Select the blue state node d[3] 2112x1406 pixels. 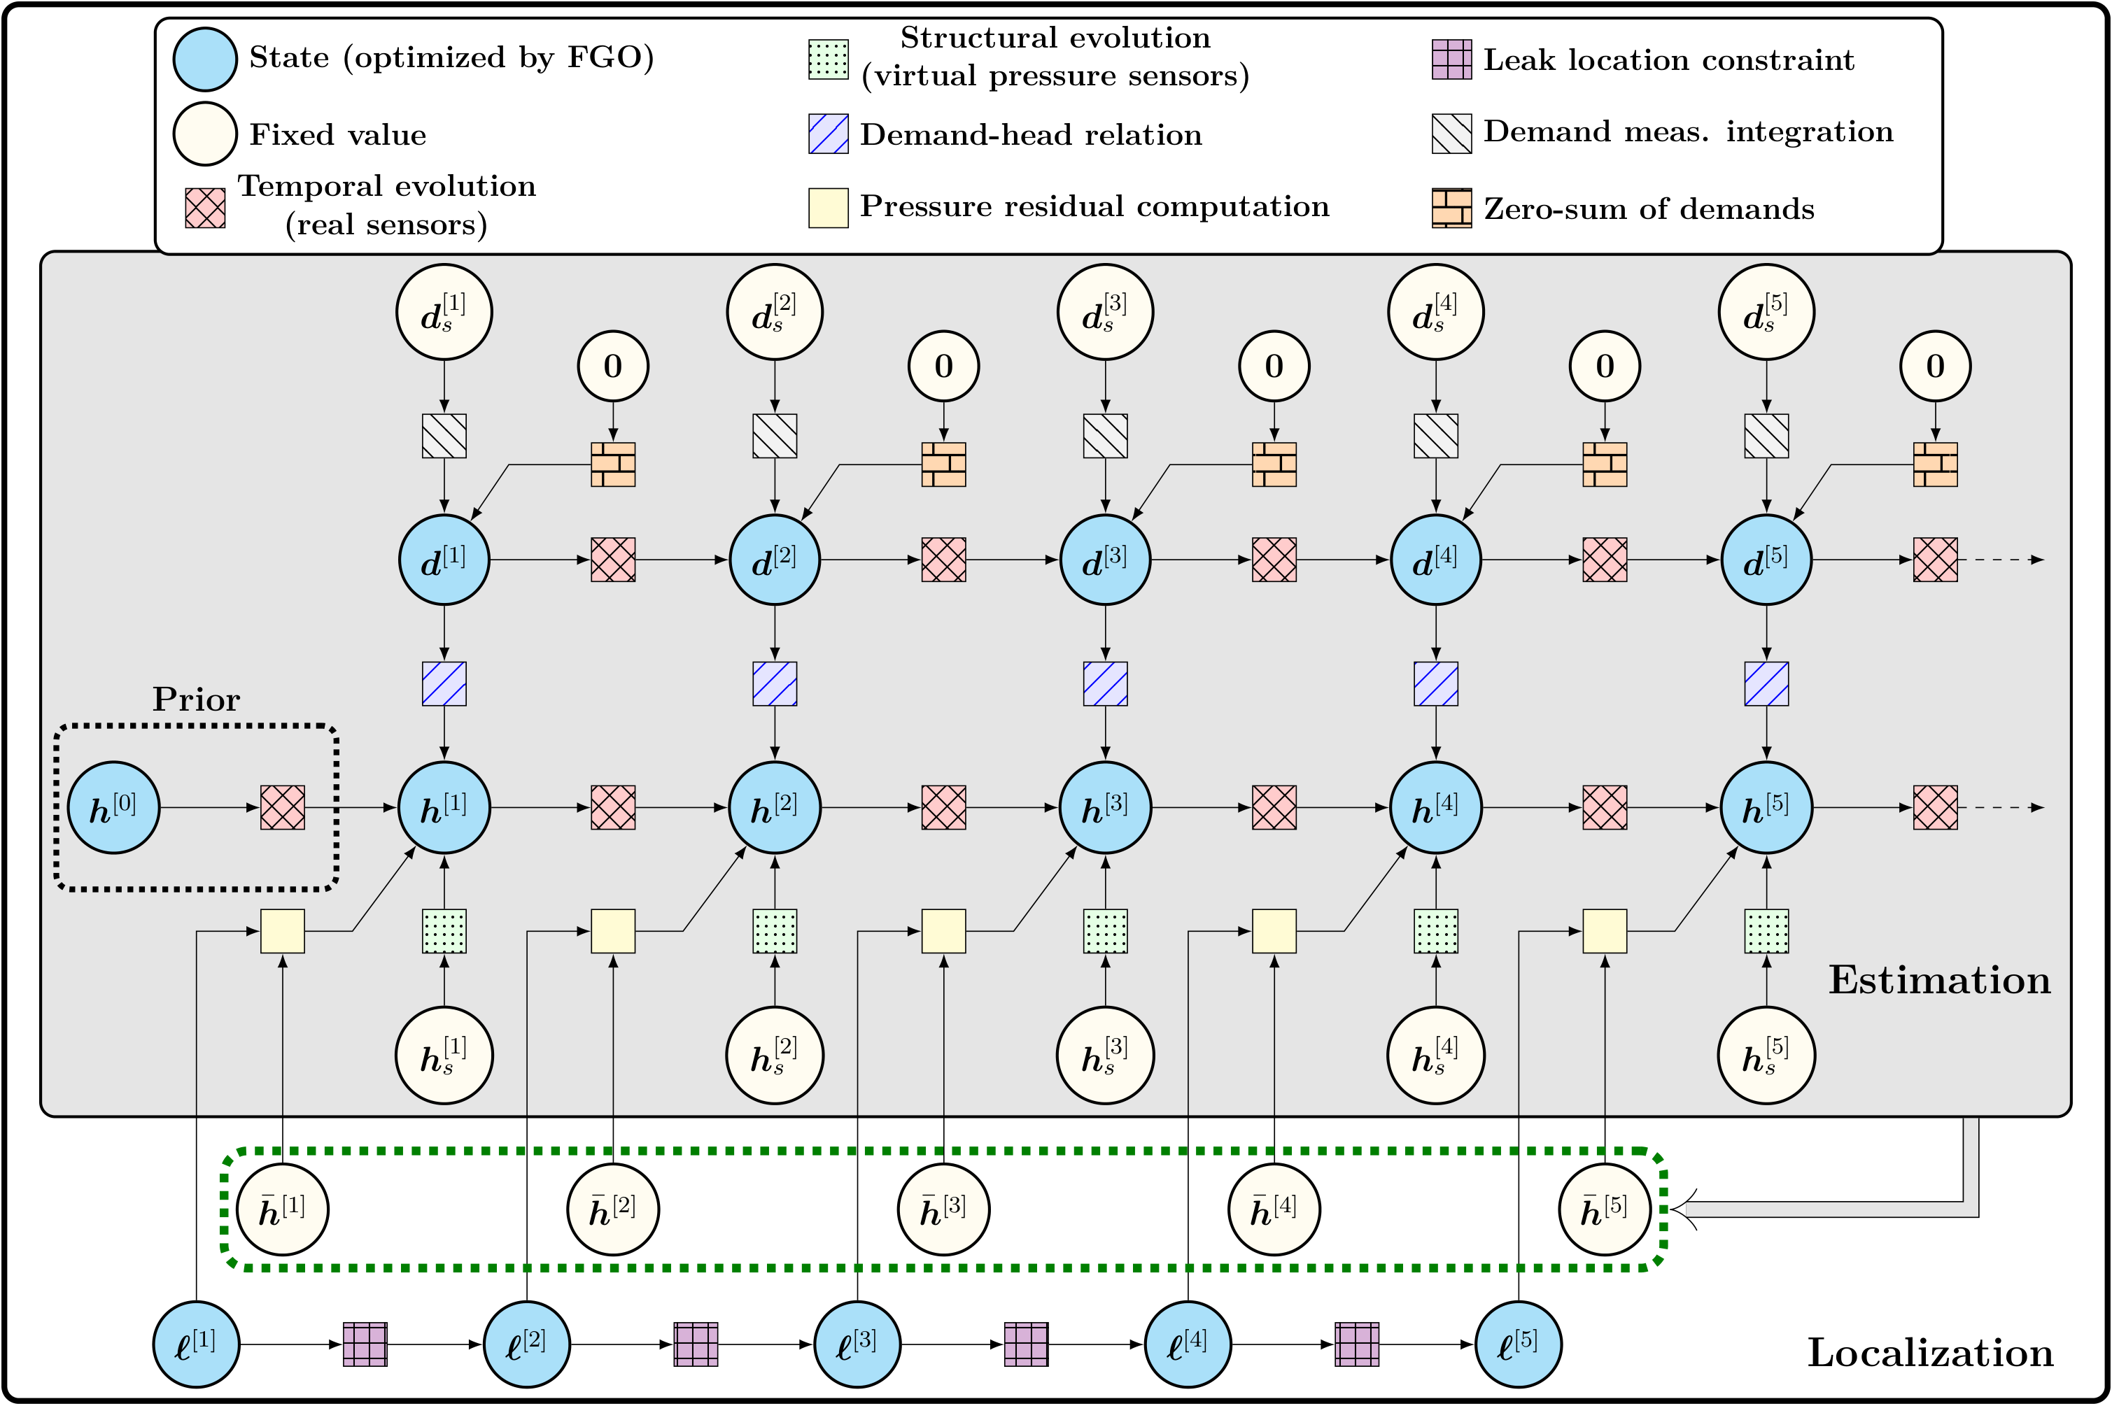click(x=1105, y=560)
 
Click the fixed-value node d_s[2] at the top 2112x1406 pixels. click(x=774, y=312)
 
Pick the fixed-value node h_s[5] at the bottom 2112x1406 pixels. click(x=1766, y=1056)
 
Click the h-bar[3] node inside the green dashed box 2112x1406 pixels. click(x=943, y=1209)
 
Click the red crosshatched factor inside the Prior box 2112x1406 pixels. click(x=283, y=807)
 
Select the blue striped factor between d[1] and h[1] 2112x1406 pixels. click(x=444, y=683)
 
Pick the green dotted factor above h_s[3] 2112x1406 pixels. click(x=1105, y=931)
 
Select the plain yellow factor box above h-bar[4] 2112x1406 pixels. click(x=1274, y=931)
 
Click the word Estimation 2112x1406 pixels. click(x=1939, y=980)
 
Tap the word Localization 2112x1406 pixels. click(x=1929, y=1353)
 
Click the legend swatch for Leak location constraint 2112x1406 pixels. click(x=1451, y=59)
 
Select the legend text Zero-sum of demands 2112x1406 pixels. click(x=1648, y=209)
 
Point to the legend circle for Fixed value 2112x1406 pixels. click(x=204, y=134)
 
